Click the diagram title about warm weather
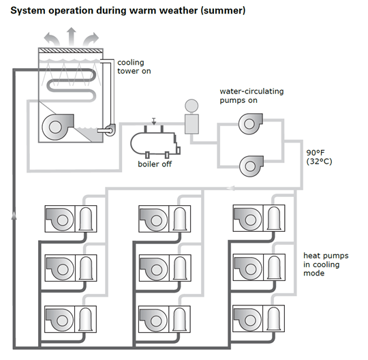123,11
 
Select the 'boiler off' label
154,164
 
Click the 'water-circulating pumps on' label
251,95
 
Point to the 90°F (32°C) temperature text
318,157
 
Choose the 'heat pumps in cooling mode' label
324,264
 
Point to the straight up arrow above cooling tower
70,34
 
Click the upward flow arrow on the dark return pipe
14,217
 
